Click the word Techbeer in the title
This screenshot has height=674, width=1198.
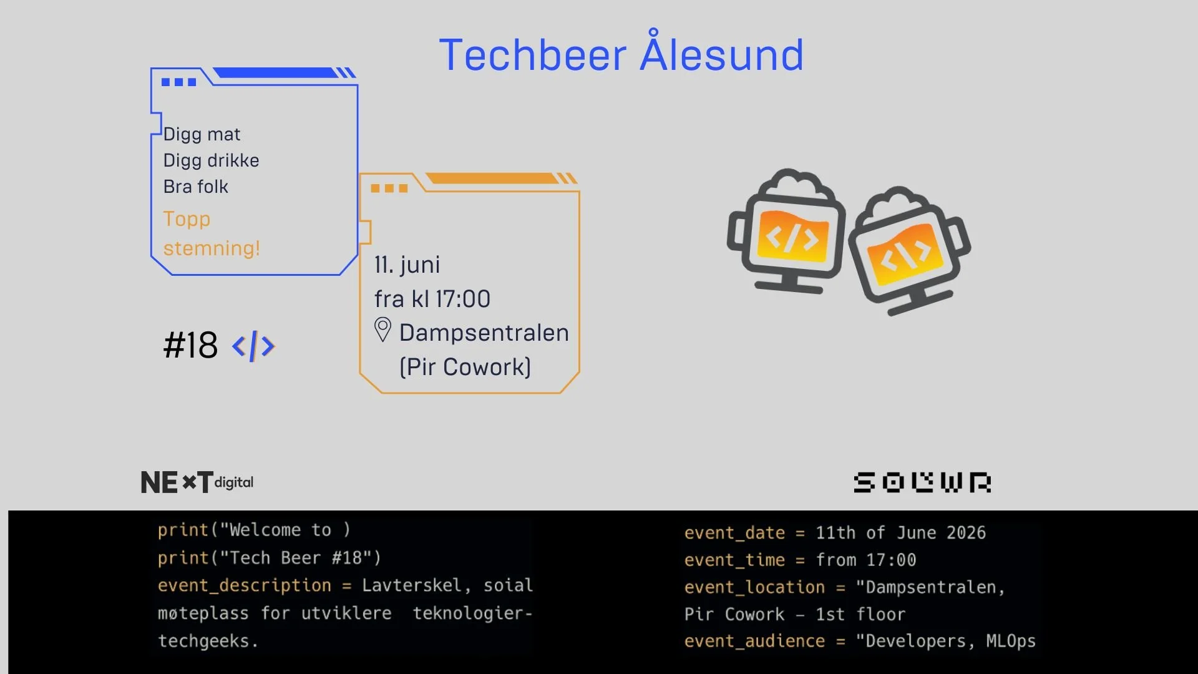533,55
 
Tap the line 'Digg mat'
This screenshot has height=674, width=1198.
202,134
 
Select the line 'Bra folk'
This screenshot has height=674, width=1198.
195,187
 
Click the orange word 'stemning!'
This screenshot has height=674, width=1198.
212,248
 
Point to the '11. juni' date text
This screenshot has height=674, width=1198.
407,265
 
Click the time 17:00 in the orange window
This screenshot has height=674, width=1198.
462,299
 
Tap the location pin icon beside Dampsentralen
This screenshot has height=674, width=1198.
382,330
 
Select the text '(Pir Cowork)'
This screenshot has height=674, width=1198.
465,367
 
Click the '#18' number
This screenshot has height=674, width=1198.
190,345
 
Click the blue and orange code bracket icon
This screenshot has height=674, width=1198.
253,346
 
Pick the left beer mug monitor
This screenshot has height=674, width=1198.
786,230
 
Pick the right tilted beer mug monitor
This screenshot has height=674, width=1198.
910,250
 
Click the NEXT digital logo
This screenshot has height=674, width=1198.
197,482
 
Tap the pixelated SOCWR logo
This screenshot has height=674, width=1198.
922,482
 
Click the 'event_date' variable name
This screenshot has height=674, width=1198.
734,533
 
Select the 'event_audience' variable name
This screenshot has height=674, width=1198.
754,642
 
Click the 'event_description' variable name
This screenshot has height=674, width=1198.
244,585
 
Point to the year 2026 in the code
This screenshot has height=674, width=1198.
966,533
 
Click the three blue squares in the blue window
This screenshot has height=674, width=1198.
178,82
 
